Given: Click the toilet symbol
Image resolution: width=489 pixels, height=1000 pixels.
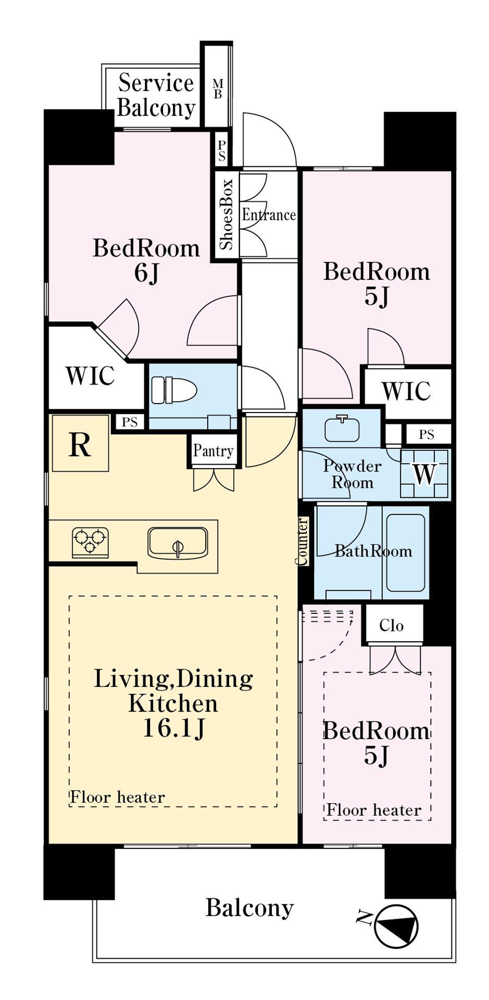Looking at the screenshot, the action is (173, 390).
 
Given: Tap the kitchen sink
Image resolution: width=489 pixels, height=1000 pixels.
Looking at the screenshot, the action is (178, 543).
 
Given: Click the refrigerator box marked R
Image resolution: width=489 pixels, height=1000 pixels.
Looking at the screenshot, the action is (80, 443).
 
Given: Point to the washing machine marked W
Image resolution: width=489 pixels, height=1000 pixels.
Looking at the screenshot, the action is (424, 473).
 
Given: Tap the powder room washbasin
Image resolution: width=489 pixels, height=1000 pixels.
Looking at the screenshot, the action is (342, 429).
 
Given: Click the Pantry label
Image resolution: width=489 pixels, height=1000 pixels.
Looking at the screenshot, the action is (213, 451).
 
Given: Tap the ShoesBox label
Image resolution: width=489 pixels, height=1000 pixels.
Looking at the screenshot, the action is (227, 214).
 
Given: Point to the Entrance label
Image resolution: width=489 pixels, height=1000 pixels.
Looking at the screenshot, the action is (269, 214).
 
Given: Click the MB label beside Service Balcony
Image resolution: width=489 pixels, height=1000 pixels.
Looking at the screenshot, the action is (218, 89).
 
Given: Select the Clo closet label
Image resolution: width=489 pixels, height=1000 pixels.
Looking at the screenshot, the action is (391, 625).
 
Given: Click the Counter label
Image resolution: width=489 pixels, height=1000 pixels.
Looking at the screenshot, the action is (302, 541).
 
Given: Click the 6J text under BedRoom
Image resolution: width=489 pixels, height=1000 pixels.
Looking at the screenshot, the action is (146, 272).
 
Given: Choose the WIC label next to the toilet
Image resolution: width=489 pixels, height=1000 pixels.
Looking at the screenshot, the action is (90, 376).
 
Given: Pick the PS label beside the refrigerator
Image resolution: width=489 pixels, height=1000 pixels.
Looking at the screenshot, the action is (130, 422).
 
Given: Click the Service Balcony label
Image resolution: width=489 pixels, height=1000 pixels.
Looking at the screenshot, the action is (156, 95).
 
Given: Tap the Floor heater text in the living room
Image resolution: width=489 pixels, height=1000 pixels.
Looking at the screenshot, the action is (118, 797).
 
